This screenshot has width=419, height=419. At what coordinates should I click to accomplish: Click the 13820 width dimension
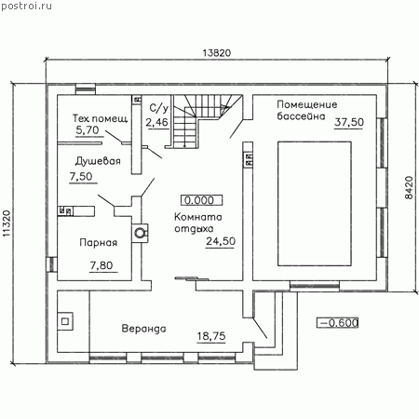(217, 53)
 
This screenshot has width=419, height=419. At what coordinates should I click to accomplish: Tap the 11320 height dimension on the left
(7, 224)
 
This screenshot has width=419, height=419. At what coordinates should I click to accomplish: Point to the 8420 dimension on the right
(409, 188)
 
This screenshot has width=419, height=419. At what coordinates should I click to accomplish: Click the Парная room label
(99, 242)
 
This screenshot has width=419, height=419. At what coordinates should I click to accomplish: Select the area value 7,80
(101, 265)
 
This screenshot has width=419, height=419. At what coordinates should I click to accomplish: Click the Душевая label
(98, 161)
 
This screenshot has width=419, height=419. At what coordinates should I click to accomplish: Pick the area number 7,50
(81, 176)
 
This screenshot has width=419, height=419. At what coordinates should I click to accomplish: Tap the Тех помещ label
(100, 118)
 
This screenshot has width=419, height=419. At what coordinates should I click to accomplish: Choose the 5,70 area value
(88, 130)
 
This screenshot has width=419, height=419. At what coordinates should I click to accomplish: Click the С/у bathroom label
(158, 108)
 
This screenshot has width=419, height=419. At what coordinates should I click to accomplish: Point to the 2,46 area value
(157, 122)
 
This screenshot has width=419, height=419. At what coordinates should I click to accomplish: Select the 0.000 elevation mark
(202, 200)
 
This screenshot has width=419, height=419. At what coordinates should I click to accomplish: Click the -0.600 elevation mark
(337, 323)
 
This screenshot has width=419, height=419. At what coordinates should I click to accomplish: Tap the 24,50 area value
(221, 241)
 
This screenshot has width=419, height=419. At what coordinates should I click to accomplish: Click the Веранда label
(143, 329)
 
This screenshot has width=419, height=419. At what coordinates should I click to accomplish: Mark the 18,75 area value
(211, 336)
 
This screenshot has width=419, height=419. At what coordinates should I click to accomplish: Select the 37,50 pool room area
(349, 122)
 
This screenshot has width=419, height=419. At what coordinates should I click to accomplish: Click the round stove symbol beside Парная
(141, 233)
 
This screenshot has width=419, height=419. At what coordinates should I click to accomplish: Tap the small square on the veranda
(65, 321)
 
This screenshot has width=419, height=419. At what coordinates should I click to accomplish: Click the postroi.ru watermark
(26, 7)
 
